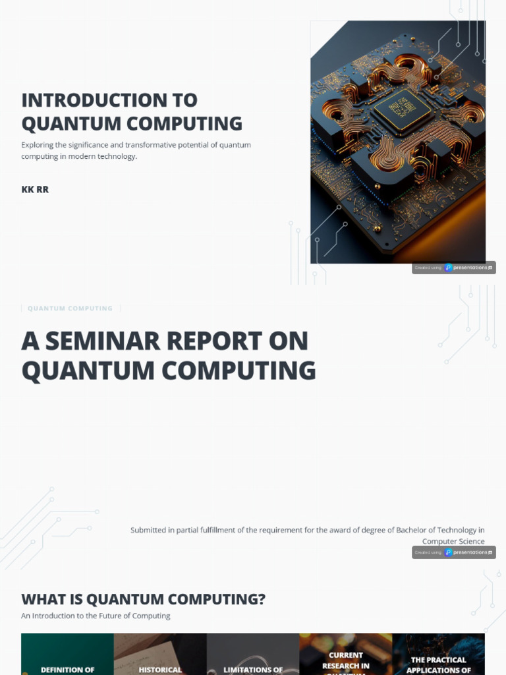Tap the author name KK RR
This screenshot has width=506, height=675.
pyautogui.click(x=35, y=190)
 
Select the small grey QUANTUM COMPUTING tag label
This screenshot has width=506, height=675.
pyautogui.click(x=70, y=308)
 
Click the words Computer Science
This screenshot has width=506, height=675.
pyautogui.click(x=453, y=541)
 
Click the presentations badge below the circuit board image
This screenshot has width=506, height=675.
pyautogui.click(x=454, y=268)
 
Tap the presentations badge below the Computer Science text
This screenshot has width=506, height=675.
pyautogui.click(x=454, y=552)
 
